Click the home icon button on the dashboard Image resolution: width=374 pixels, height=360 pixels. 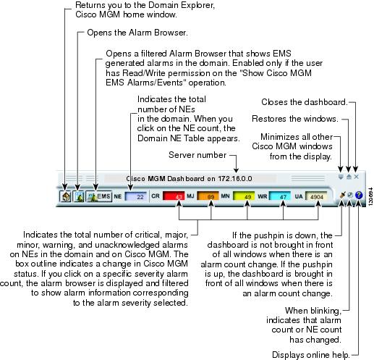tap(65, 196)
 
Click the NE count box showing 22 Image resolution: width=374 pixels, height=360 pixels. tap(136, 196)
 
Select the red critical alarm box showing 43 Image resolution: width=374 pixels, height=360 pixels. tap(174, 196)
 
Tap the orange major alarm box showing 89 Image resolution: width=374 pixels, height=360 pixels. tap(208, 196)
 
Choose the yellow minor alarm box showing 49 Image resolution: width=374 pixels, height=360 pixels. tap(244, 196)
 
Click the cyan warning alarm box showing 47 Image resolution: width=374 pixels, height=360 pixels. tap(280, 196)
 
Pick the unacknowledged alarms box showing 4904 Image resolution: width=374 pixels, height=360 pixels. tap(316, 196)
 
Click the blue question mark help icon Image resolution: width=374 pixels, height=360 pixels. tap(359, 195)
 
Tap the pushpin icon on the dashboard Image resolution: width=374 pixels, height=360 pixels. tap(342, 195)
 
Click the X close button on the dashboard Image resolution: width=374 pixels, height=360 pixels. tap(357, 177)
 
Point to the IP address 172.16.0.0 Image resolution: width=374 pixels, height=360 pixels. tap(235, 179)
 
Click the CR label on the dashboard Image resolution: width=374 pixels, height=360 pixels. tap(156, 196)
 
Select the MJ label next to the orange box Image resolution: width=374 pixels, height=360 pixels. tap(190, 196)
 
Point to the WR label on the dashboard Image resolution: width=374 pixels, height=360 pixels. tap(262, 196)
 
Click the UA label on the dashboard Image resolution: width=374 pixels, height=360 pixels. tap(299, 196)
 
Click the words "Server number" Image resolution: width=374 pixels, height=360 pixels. tap(197, 155)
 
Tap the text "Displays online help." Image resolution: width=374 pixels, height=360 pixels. tap(311, 355)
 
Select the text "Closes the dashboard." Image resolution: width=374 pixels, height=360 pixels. tap(305, 102)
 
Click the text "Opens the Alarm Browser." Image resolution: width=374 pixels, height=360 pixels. tap(137, 33)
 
